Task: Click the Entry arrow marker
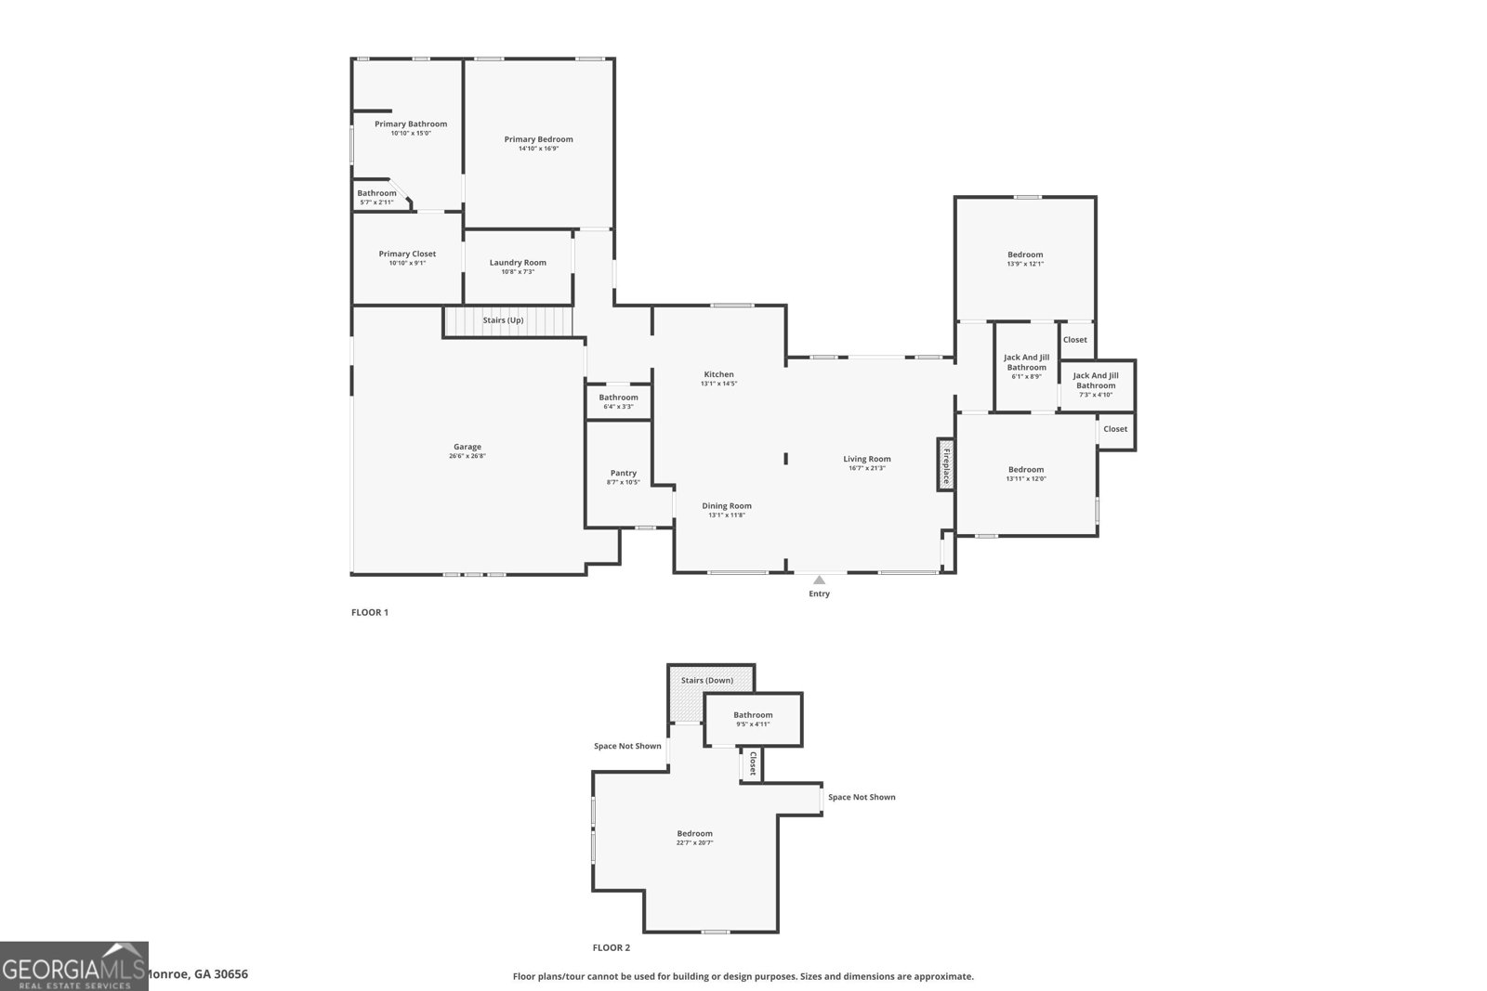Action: (819, 580)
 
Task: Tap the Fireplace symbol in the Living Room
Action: (945, 464)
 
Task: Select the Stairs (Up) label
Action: (503, 320)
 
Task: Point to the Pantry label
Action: (623, 473)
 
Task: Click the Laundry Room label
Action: (518, 263)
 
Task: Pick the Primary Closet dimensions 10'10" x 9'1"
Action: (407, 263)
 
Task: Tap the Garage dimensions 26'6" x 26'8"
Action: (467, 456)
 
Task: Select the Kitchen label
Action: (718, 374)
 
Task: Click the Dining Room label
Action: (727, 506)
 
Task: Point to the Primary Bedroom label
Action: (538, 139)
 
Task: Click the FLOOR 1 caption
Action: (370, 612)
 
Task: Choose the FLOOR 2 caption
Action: (612, 947)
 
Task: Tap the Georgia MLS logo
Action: (74, 966)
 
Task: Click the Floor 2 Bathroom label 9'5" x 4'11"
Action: (753, 724)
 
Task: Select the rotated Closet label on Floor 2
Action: (752, 763)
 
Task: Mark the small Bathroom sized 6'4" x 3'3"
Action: (618, 407)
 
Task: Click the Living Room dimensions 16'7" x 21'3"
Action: (867, 468)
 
